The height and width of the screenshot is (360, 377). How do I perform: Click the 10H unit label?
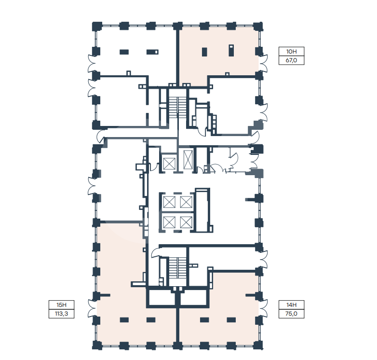291,52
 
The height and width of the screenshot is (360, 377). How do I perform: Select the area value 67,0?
291,60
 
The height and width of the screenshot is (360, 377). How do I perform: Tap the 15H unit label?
62,305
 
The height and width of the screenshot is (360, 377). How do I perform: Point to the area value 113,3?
62,314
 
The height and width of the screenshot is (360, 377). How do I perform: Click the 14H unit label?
291,305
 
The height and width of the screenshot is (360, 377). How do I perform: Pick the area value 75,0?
291,314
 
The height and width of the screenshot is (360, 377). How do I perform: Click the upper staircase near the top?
177,107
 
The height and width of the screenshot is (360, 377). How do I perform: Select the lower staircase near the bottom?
177,268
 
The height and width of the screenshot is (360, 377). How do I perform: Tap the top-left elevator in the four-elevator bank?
169,202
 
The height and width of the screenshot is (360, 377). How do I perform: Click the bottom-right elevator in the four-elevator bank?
186,222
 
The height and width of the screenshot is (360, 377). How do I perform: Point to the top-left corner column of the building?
97,26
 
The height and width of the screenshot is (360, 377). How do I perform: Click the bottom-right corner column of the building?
258,346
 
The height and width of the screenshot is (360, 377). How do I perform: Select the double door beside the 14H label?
264,308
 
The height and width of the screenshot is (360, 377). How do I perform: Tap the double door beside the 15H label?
92,308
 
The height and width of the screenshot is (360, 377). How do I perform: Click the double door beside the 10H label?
264,63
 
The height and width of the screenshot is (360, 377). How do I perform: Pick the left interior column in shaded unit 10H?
204,52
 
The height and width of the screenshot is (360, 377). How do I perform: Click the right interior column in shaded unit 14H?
231,320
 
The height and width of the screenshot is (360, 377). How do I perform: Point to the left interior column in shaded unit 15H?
124,320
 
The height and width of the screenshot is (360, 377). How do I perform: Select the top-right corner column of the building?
258,26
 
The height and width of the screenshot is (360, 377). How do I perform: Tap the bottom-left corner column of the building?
97,346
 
